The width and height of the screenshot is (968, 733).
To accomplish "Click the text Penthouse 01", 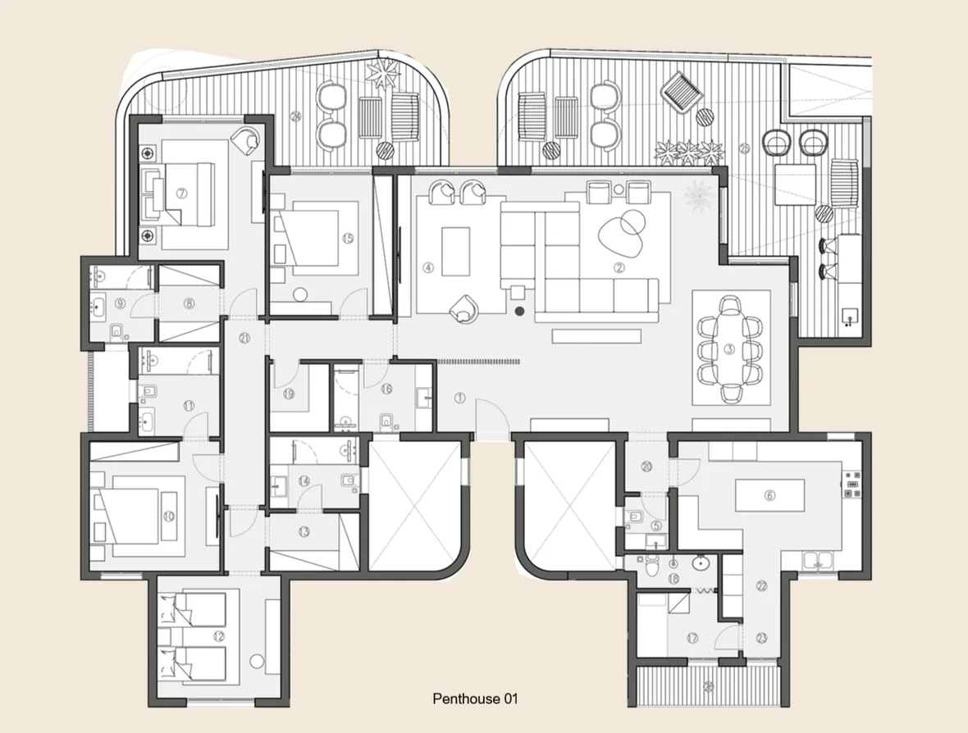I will [476, 699].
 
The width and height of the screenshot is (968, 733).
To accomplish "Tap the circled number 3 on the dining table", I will [728, 348].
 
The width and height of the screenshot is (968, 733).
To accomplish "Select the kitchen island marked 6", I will [768, 496].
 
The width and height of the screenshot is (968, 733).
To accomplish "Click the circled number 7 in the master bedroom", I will [182, 193].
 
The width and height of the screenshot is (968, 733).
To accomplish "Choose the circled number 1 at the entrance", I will [459, 398].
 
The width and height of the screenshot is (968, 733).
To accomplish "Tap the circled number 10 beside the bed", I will [169, 517].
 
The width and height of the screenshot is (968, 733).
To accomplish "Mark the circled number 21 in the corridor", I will [244, 337].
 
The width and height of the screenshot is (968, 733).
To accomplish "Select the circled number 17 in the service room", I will [693, 638].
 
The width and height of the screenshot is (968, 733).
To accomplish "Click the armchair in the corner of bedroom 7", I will [245, 140].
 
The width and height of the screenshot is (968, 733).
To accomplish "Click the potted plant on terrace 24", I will [382, 75].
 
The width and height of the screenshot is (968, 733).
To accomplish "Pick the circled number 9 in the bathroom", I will [121, 303].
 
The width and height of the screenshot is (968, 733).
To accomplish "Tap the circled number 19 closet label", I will [289, 394].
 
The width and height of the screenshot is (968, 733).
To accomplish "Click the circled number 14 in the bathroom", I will [304, 481].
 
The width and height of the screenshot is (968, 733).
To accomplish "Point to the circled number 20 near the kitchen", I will [646, 467].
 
